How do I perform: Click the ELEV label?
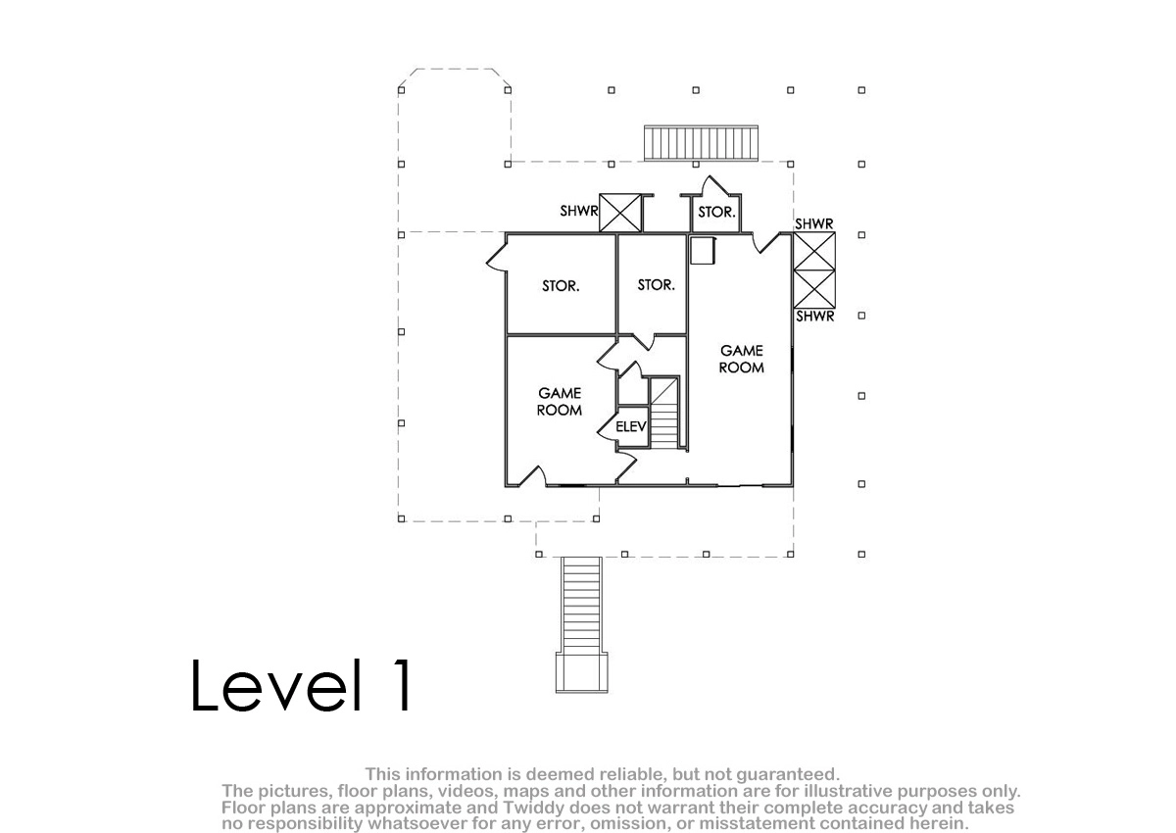[x=630, y=426]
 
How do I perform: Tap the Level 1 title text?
[x=302, y=685]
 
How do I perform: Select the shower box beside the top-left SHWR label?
[x=620, y=213]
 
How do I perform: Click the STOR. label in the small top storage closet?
[x=716, y=213]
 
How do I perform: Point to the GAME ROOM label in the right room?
[x=741, y=359]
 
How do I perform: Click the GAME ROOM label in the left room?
[x=560, y=402]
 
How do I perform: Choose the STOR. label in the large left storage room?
[x=561, y=286]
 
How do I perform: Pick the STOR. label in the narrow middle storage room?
[x=657, y=285]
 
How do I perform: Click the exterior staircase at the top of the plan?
[x=702, y=143]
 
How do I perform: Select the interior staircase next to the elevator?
[x=664, y=413]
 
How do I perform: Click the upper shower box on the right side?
[x=814, y=252]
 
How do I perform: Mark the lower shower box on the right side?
[x=814, y=289]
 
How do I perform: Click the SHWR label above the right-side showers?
[x=814, y=224]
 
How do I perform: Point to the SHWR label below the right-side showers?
[x=815, y=317]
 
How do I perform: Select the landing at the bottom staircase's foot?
[x=582, y=672]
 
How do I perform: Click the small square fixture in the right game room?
[x=703, y=251]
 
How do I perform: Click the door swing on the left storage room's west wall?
[x=497, y=260]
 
